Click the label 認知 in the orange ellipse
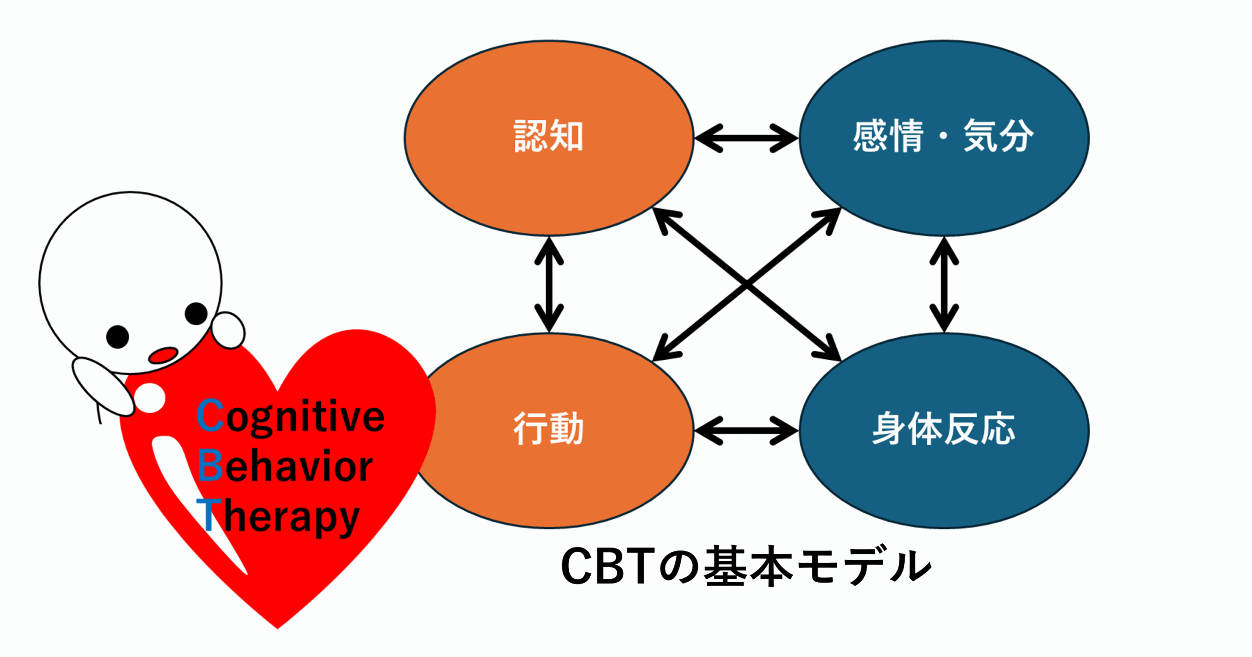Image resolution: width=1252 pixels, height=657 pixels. pyautogui.click(x=548, y=136)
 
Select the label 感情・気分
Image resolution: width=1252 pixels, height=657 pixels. pyautogui.click(x=943, y=136)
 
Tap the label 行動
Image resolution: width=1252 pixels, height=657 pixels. pyautogui.click(x=548, y=428)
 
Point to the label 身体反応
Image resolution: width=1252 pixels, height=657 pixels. pyautogui.click(x=943, y=428)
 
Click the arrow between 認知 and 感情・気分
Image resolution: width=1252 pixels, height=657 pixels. pyautogui.click(x=746, y=138)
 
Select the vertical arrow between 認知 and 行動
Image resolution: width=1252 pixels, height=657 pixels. pyautogui.click(x=549, y=285)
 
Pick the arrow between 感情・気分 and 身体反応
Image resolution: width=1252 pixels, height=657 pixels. pyautogui.click(x=944, y=285)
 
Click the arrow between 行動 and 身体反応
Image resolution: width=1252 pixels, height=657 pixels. pyautogui.click(x=746, y=431)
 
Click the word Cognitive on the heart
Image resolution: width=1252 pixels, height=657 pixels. pyautogui.click(x=291, y=416)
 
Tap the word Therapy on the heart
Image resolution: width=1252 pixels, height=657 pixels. pyautogui.click(x=278, y=515)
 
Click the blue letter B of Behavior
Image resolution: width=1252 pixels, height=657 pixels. pyautogui.click(x=210, y=465)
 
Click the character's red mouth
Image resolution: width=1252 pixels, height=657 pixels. pyautogui.click(x=163, y=355)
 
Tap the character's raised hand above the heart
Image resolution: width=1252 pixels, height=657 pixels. pyautogui.click(x=228, y=330)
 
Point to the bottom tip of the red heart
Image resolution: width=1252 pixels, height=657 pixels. pyautogui.click(x=277, y=628)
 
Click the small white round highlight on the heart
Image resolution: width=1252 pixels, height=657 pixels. pyautogui.click(x=150, y=398)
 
